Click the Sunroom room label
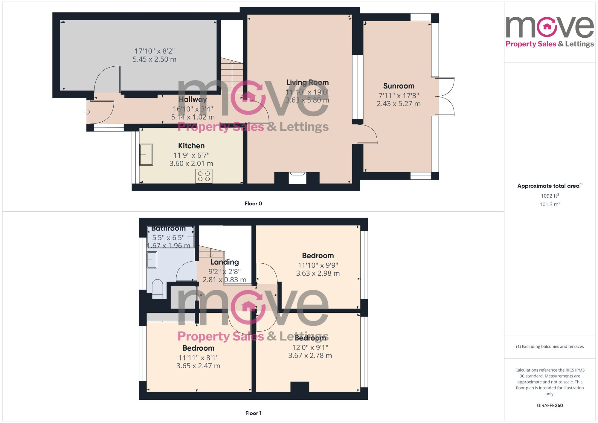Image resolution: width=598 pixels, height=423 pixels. (x=399, y=86)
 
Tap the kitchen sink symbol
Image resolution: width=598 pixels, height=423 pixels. (x=146, y=155)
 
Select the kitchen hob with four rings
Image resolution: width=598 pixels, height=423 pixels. (x=204, y=176)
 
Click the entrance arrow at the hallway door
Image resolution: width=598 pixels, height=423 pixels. (x=87, y=112)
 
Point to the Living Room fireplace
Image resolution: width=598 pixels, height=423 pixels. (x=297, y=178)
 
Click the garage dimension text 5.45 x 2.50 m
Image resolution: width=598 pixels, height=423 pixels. (x=155, y=59)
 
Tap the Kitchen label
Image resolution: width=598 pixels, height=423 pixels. (x=191, y=146)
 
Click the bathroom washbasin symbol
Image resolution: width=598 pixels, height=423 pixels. (x=152, y=260)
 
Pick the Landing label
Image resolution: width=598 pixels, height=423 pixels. (x=224, y=262)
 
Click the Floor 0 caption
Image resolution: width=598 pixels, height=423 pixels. (x=253, y=204)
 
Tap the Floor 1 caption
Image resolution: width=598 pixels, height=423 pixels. (x=253, y=413)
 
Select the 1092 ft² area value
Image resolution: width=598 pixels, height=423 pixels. (x=550, y=196)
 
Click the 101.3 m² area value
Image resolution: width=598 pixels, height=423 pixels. (x=550, y=204)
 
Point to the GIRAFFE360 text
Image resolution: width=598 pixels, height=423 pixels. (x=550, y=405)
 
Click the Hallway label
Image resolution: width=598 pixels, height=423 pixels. (x=193, y=100)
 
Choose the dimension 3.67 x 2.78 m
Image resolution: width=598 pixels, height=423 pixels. (x=310, y=355)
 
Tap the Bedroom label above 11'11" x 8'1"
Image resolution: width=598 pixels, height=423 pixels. (x=198, y=348)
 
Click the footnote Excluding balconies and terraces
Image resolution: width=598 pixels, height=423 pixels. (x=550, y=346)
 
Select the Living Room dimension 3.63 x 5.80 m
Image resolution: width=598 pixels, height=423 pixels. (x=307, y=100)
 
